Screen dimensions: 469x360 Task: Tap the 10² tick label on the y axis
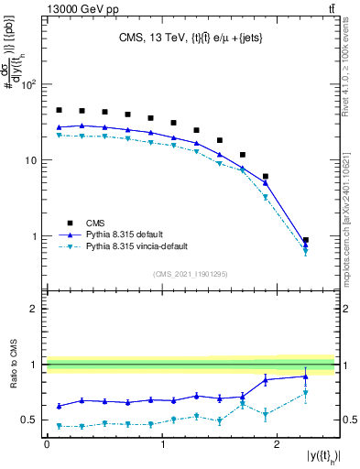pyautogui.click(x=28, y=84)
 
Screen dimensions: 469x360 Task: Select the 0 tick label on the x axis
pyautogui.click(x=47, y=443)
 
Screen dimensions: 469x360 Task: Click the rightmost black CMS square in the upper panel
pyautogui.click(x=305, y=240)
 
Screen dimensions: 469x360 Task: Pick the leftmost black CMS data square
pyautogui.click(x=59, y=110)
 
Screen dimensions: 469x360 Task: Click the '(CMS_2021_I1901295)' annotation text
pyautogui.click(x=190, y=274)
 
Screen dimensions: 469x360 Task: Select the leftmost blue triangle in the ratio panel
pyautogui.click(x=59, y=406)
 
